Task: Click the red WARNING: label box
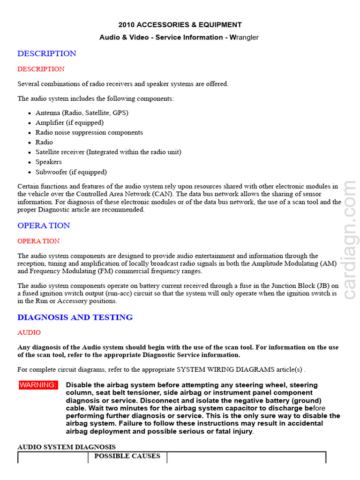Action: [x=38, y=385]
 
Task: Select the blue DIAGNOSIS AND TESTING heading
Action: [x=75, y=317]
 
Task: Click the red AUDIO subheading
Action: [x=29, y=332]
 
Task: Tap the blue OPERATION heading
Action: [x=44, y=225]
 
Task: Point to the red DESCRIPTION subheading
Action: [x=41, y=69]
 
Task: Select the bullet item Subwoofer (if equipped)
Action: [x=71, y=172]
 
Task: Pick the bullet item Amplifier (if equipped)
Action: [x=69, y=123]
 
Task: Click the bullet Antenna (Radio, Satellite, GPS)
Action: [x=82, y=113]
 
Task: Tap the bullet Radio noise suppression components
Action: [x=89, y=133]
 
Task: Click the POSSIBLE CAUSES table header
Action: [x=127, y=456]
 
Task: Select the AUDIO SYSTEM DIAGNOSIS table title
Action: [x=67, y=447]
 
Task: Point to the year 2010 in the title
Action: [x=127, y=25]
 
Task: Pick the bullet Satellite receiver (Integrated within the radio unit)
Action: [x=108, y=152]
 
